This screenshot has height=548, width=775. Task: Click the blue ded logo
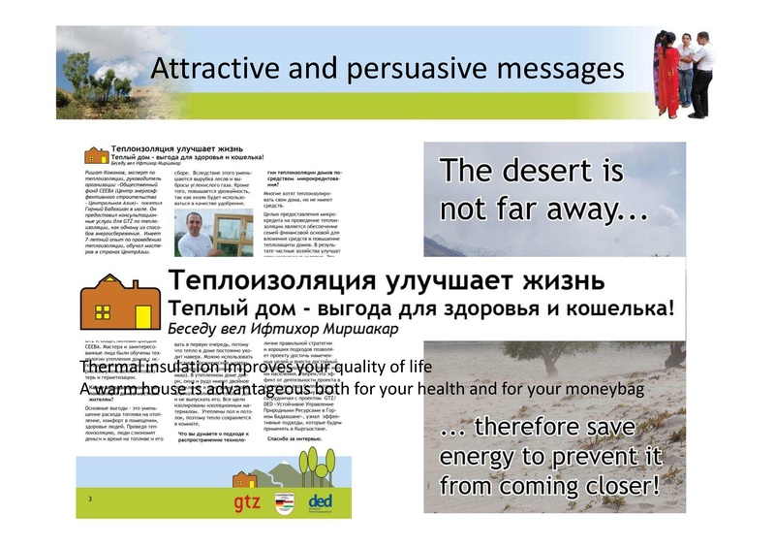tap(320, 500)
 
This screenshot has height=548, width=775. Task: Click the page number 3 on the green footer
tap(89, 500)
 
